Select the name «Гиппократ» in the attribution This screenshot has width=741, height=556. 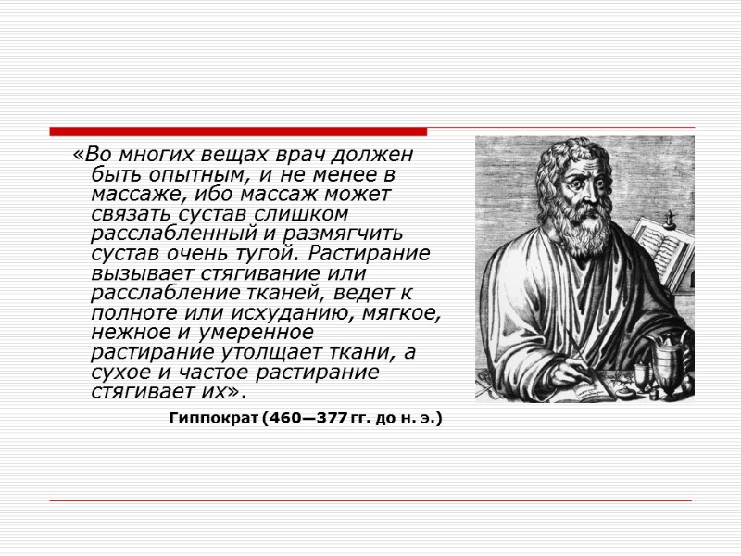point(213,419)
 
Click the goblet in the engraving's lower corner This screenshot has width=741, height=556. point(669,366)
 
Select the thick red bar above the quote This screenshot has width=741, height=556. point(238,132)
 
